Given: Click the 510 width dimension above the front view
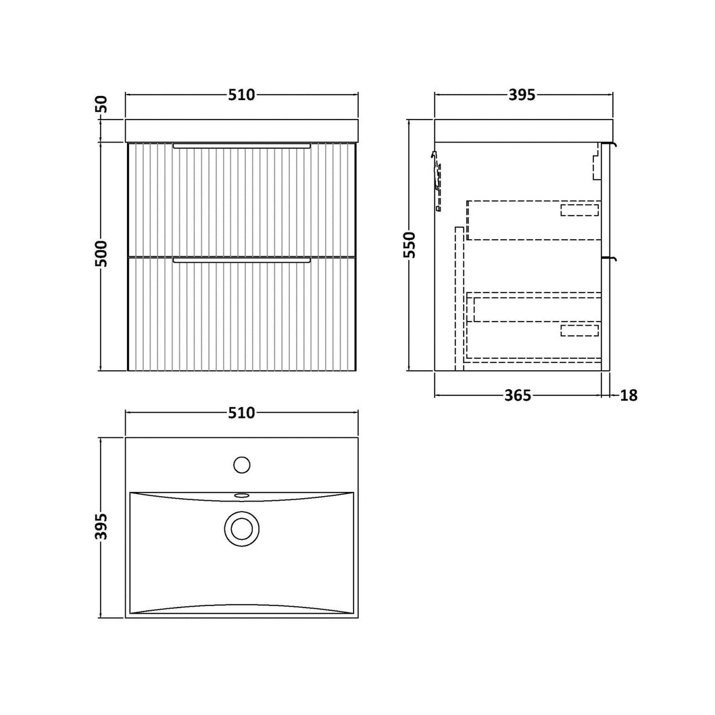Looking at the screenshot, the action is coord(241,95).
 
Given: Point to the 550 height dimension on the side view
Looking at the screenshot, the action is coord(410,245).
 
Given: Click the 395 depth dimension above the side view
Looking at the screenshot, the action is coord(522,95).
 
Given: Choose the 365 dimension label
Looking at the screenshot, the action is coord(518,395).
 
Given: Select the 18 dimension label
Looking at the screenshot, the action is coord(628,395).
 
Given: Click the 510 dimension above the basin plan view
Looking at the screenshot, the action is coord(241,413).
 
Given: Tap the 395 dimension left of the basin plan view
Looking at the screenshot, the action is coord(101,526).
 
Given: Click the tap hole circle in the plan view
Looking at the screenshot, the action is coord(242,465).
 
